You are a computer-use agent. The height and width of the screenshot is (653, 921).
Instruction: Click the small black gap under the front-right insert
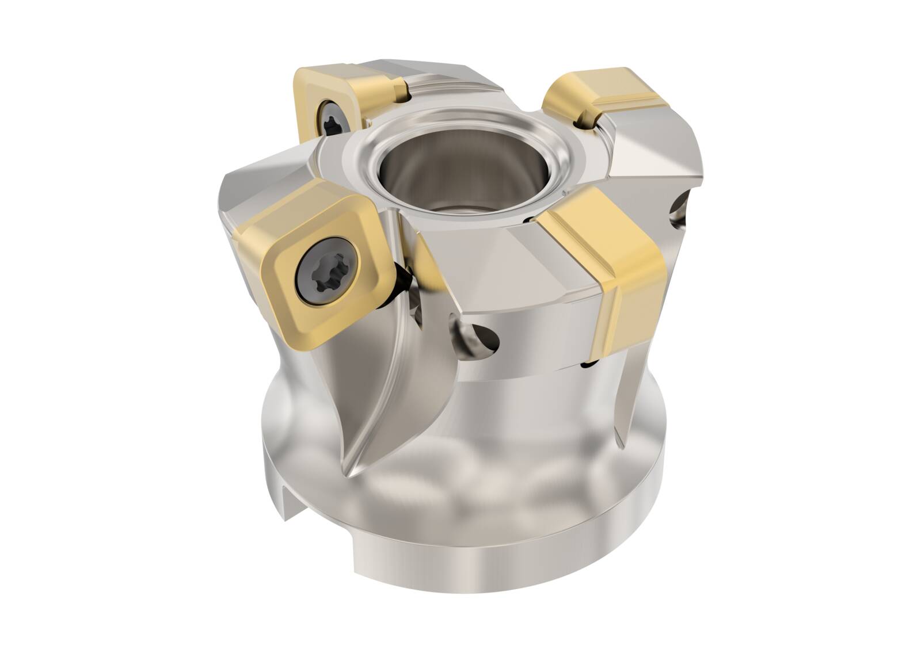589,364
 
